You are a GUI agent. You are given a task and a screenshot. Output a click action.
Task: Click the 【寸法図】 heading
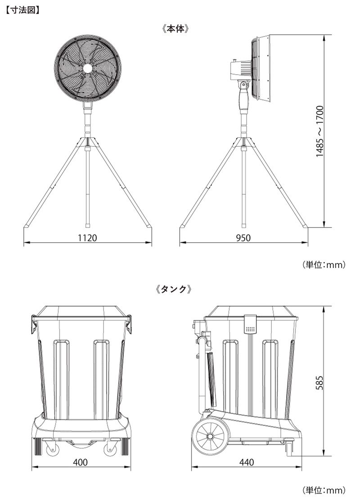coord(22,10)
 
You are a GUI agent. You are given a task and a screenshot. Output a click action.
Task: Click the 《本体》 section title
coord(176,29)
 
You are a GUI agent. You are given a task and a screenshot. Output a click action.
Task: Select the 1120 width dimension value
coord(87,238)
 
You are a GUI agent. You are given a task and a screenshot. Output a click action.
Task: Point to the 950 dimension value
coord(243,238)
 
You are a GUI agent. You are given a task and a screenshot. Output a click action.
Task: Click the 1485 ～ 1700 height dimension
coord(319,131)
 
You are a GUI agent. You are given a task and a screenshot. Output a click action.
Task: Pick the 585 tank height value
coord(319,383)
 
